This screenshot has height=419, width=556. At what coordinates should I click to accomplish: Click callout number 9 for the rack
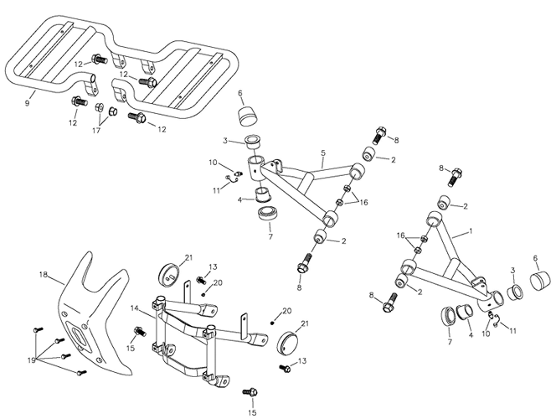(x=28, y=103)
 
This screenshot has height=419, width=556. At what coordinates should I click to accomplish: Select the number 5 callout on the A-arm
(x=322, y=153)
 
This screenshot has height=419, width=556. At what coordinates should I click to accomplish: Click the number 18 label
(x=44, y=274)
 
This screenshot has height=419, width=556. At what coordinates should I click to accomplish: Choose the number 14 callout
(x=135, y=308)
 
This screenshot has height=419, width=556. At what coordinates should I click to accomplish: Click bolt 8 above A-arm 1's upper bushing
(x=456, y=177)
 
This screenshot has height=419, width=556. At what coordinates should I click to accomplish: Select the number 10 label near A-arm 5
(x=213, y=162)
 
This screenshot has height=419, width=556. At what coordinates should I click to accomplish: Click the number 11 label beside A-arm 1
(x=513, y=330)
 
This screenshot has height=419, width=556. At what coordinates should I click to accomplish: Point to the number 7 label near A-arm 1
(x=450, y=342)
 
